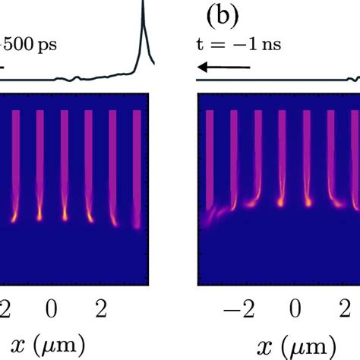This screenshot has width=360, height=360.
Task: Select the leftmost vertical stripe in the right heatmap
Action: (x=210, y=152)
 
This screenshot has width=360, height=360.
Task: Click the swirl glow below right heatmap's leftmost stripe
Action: (x=210, y=217)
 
